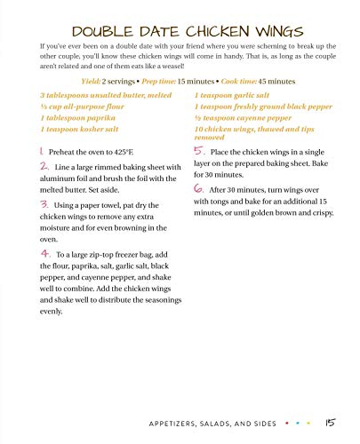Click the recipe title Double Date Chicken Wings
(x=180, y=20)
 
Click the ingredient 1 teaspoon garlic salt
(x=228, y=94)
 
